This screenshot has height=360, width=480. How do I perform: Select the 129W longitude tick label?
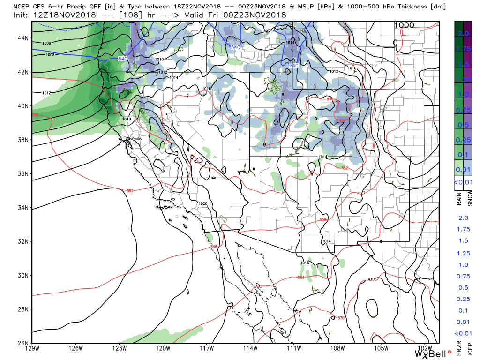32,348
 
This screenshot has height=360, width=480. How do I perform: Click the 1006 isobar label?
46,43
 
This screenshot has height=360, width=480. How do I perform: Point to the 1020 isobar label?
203,203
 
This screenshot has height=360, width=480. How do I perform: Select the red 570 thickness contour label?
341,318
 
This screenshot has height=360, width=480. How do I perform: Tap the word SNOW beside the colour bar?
470,200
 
